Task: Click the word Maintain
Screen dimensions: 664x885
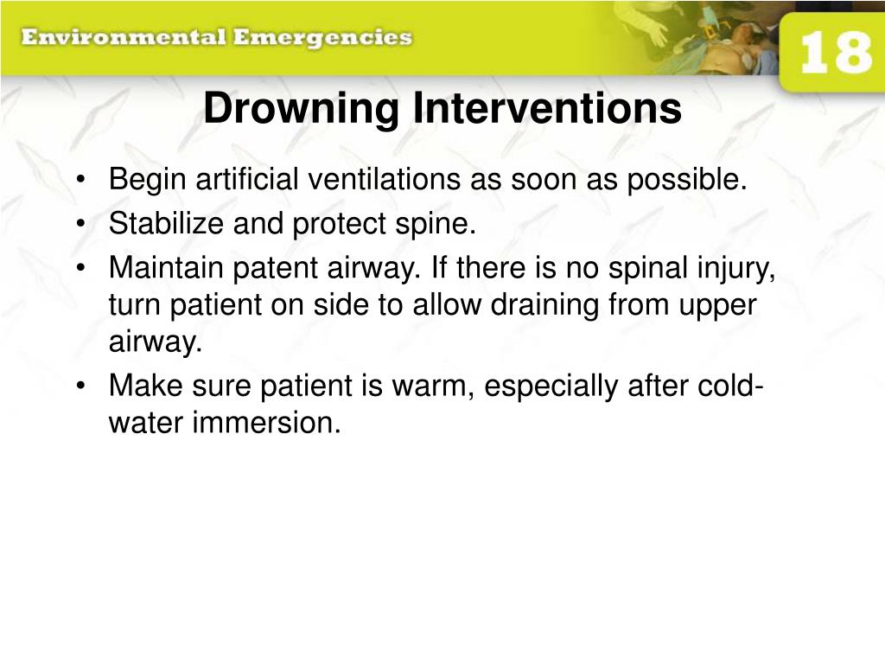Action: coord(167,269)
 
